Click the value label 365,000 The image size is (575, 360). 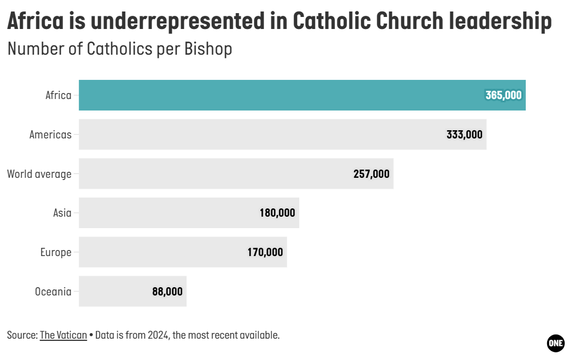pos(503,95)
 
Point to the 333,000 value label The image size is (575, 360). pos(464,135)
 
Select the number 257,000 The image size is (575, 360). pos(371,174)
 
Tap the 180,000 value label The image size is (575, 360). pos(277,213)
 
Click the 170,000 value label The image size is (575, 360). pos(265,252)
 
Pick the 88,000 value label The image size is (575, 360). pos(167,292)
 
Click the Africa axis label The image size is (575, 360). pos(59,95)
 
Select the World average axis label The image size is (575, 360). pos(39,174)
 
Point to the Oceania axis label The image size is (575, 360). pos(53,292)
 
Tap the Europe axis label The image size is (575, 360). pos(56,252)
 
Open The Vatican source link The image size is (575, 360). pos(63,335)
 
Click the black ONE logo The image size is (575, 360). pos(555,342)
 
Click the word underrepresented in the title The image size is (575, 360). pos(189,22)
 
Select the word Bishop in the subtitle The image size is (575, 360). pos(208,49)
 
